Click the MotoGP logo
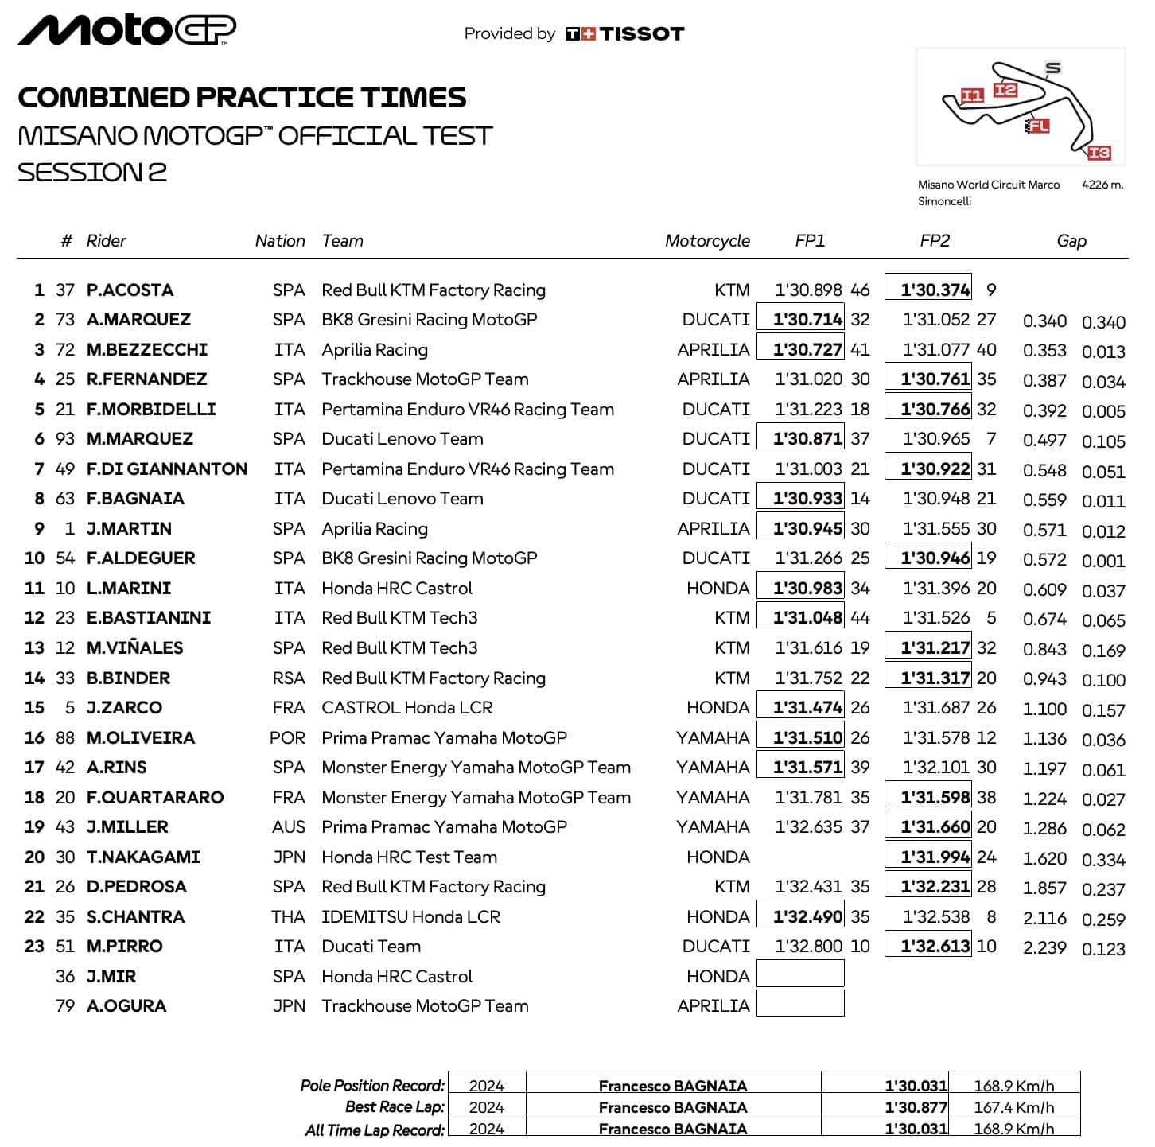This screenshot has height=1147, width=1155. pos(127,30)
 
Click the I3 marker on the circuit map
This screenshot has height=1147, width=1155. pos(1099,153)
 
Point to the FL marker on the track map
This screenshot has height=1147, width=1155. pos(1039,126)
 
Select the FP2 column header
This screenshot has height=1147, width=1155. pos(935,241)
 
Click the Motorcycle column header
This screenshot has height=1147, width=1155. pos(707,241)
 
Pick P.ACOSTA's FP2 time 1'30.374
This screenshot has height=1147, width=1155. pos(935,290)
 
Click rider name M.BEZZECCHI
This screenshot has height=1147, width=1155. pos(147,350)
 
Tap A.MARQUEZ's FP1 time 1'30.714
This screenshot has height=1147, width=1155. pos(807,320)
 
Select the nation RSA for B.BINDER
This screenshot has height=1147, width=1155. pos(289,678)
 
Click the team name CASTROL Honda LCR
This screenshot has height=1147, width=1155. pos(407,708)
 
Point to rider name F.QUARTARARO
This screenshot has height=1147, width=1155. pos(155,798)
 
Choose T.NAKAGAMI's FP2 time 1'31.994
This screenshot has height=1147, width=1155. pos(935,857)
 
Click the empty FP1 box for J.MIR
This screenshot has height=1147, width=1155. pos(800,974)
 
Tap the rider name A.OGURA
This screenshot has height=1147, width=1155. pos(126,1006)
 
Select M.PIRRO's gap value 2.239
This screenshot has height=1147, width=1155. pos(1044,947)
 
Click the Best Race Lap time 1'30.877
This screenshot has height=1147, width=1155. pos(916,1107)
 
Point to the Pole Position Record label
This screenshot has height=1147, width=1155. pos(372,1086)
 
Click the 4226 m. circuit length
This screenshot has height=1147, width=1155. pos(1102,185)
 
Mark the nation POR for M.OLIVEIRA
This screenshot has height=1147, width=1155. pos(287,738)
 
